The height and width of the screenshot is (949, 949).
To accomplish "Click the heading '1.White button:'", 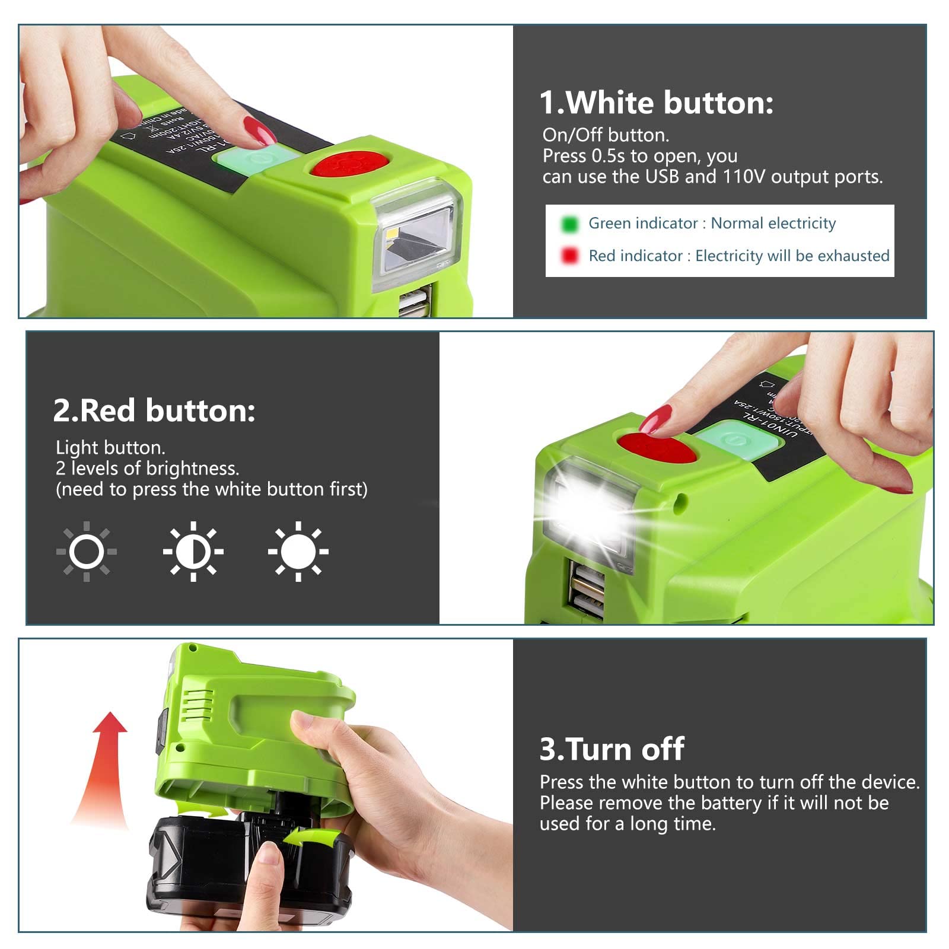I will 656,103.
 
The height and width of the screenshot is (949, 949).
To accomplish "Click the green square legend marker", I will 569,224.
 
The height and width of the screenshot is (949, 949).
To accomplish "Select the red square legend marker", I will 569,256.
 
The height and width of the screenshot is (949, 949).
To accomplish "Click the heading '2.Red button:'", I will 154,410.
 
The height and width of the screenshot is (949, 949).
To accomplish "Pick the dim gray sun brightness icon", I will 87,552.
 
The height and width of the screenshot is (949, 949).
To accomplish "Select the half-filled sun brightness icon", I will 193,552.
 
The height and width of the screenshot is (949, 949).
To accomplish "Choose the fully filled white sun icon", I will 298,552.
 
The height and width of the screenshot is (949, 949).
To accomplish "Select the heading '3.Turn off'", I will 612,749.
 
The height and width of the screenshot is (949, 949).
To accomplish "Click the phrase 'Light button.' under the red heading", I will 110,448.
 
